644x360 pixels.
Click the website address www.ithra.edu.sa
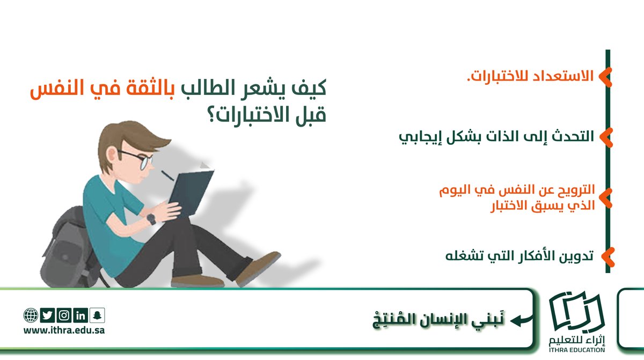click(64, 330)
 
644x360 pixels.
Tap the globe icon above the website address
click(30, 315)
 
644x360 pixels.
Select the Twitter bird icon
click(47, 315)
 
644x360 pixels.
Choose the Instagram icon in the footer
click(64, 315)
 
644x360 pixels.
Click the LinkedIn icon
click(81, 315)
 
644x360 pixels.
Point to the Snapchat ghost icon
click(98, 315)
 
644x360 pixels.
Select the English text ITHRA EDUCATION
click(576, 350)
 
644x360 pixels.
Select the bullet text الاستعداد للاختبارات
click(529, 76)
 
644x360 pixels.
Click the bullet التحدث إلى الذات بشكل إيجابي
click(496, 136)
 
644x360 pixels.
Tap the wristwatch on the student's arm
click(151, 219)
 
